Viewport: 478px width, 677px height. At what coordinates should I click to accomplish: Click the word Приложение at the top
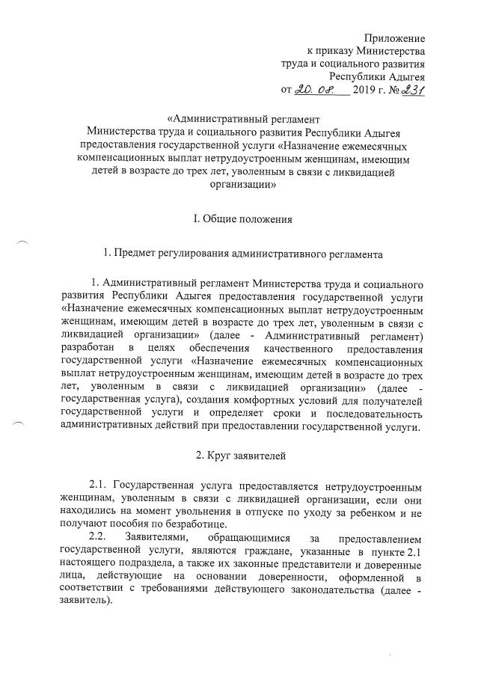395,38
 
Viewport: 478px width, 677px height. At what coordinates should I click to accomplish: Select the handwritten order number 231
411,91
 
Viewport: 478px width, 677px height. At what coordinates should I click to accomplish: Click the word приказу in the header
334,52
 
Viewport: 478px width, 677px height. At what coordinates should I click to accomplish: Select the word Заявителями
164,539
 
